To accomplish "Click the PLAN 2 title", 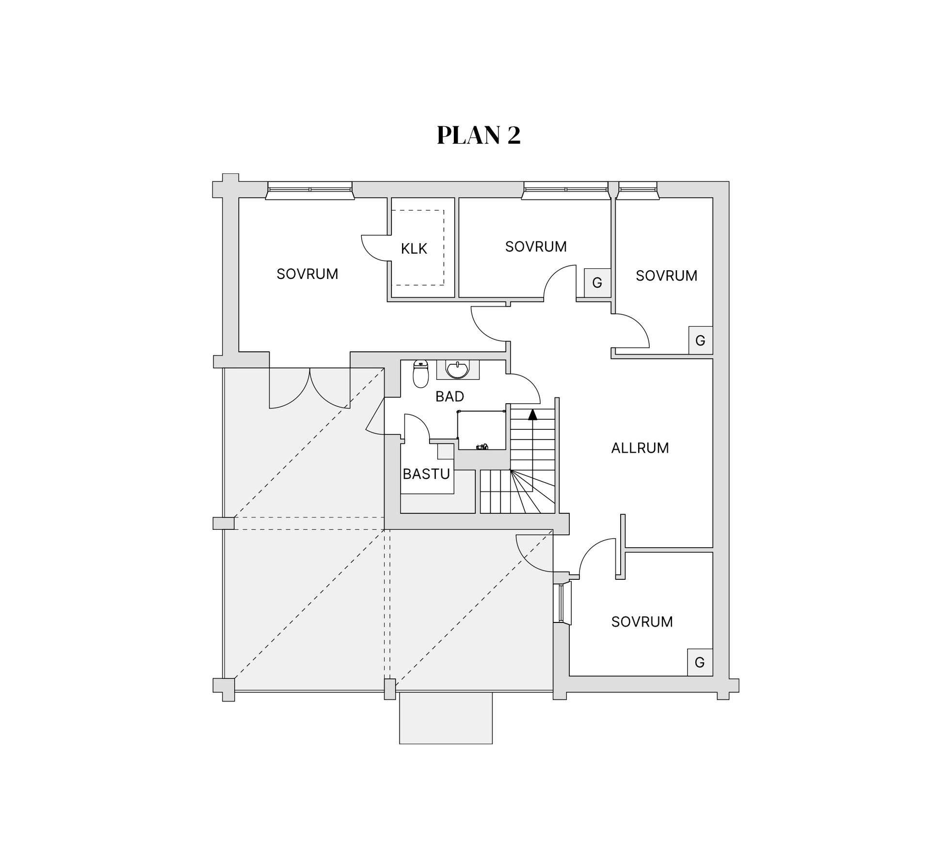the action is pyautogui.click(x=479, y=135).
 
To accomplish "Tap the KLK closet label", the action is pyautogui.click(x=414, y=249).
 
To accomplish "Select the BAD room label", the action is pyautogui.click(x=449, y=396).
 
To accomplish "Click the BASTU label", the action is pyautogui.click(x=426, y=474).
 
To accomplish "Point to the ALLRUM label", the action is pyautogui.click(x=640, y=448).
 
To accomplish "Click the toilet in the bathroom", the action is pyautogui.click(x=420, y=374).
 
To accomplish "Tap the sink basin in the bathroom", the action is pyautogui.click(x=457, y=370).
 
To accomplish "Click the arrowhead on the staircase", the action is pyautogui.click(x=533, y=414).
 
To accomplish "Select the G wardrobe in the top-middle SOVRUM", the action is pyautogui.click(x=597, y=283).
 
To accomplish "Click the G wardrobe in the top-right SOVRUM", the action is pyautogui.click(x=700, y=341).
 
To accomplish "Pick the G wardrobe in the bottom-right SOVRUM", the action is pyautogui.click(x=700, y=662).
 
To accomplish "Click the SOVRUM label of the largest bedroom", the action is pyautogui.click(x=307, y=274).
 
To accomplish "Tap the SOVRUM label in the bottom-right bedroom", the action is pyautogui.click(x=642, y=622).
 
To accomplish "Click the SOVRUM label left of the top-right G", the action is pyautogui.click(x=667, y=276).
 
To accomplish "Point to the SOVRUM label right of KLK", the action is pyautogui.click(x=536, y=246).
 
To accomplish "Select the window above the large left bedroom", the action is pyautogui.click(x=310, y=190).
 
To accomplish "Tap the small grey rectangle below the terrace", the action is pyautogui.click(x=446, y=718).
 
